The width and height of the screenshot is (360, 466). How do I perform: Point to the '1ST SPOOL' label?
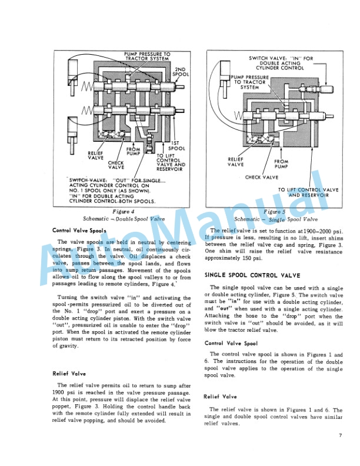[176, 145]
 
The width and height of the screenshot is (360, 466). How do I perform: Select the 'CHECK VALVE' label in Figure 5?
[262, 177]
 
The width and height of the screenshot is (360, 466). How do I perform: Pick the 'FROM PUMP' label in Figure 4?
[134, 152]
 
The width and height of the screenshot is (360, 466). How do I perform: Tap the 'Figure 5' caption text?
[275, 211]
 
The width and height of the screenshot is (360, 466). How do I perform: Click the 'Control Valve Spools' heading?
[79, 231]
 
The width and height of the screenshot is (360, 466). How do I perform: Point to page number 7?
[340, 435]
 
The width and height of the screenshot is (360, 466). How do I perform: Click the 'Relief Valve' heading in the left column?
[69, 373]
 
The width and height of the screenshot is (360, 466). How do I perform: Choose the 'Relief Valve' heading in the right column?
[221, 397]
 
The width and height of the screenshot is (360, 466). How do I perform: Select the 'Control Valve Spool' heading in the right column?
[231, 343]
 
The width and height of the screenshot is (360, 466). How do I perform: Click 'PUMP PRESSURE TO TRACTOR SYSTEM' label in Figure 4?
[147, 57]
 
